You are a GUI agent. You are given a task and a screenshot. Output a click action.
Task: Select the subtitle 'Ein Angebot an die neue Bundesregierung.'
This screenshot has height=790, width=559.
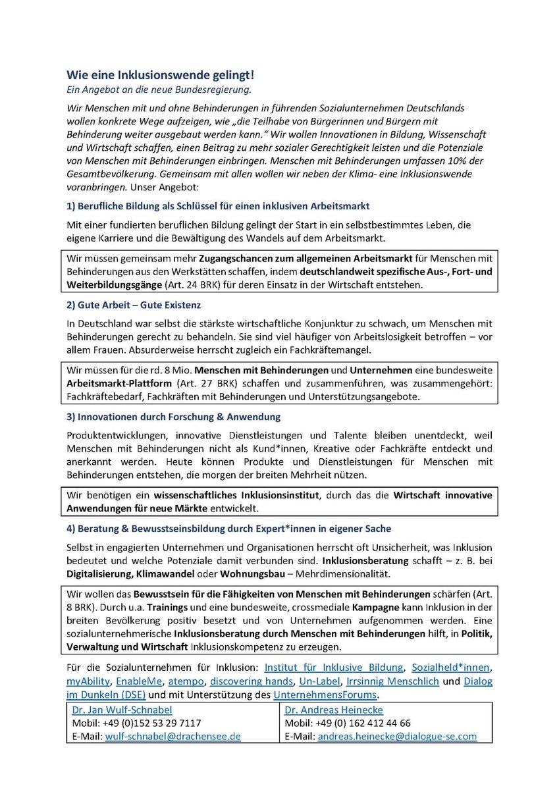(159, 89)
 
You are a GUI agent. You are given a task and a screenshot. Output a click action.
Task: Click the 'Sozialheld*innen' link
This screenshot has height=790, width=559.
(452, 667)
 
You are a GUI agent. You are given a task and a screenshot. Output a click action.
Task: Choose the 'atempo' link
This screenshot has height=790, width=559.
(186, 680)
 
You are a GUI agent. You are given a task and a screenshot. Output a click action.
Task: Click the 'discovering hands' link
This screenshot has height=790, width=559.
(252, 680)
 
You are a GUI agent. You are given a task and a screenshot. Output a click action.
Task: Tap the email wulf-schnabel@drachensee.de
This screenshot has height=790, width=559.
(173, 736)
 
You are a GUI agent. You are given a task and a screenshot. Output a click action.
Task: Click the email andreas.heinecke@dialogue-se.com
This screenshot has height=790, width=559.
(397, 736)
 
